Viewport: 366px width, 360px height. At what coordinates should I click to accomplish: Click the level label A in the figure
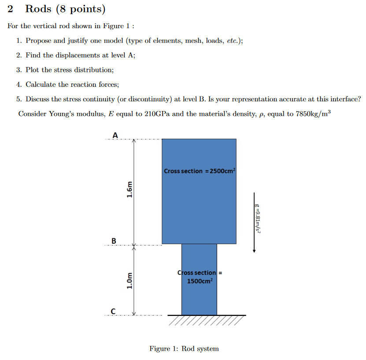tap(115, 135)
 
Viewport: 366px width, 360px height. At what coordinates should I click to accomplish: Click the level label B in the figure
tap(114, 241)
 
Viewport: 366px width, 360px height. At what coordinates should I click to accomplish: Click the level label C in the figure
tap(113, 311)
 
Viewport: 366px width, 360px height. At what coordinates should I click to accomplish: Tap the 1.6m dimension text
tap(129, 190)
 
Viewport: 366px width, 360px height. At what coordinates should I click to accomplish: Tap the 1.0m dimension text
tap(129, 280)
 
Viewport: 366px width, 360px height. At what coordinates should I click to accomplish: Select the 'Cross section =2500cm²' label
tap(200, 171)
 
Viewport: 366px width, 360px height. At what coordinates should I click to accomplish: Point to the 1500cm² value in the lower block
tap(200, 281)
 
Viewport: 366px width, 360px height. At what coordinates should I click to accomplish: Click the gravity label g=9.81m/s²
tap(257, 218)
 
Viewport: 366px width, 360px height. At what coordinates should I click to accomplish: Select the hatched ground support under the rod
tap(206, 320)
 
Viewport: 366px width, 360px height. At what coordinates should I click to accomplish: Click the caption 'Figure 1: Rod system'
tap(184, 349)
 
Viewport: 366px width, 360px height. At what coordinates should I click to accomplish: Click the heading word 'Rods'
tap(38, 9)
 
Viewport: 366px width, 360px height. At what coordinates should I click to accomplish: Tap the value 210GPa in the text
tap(157, 114)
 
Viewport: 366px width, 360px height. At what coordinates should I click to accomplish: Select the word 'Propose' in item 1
tap(38, 41)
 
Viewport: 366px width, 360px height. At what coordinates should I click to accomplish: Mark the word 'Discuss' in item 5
tap(38, 99)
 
